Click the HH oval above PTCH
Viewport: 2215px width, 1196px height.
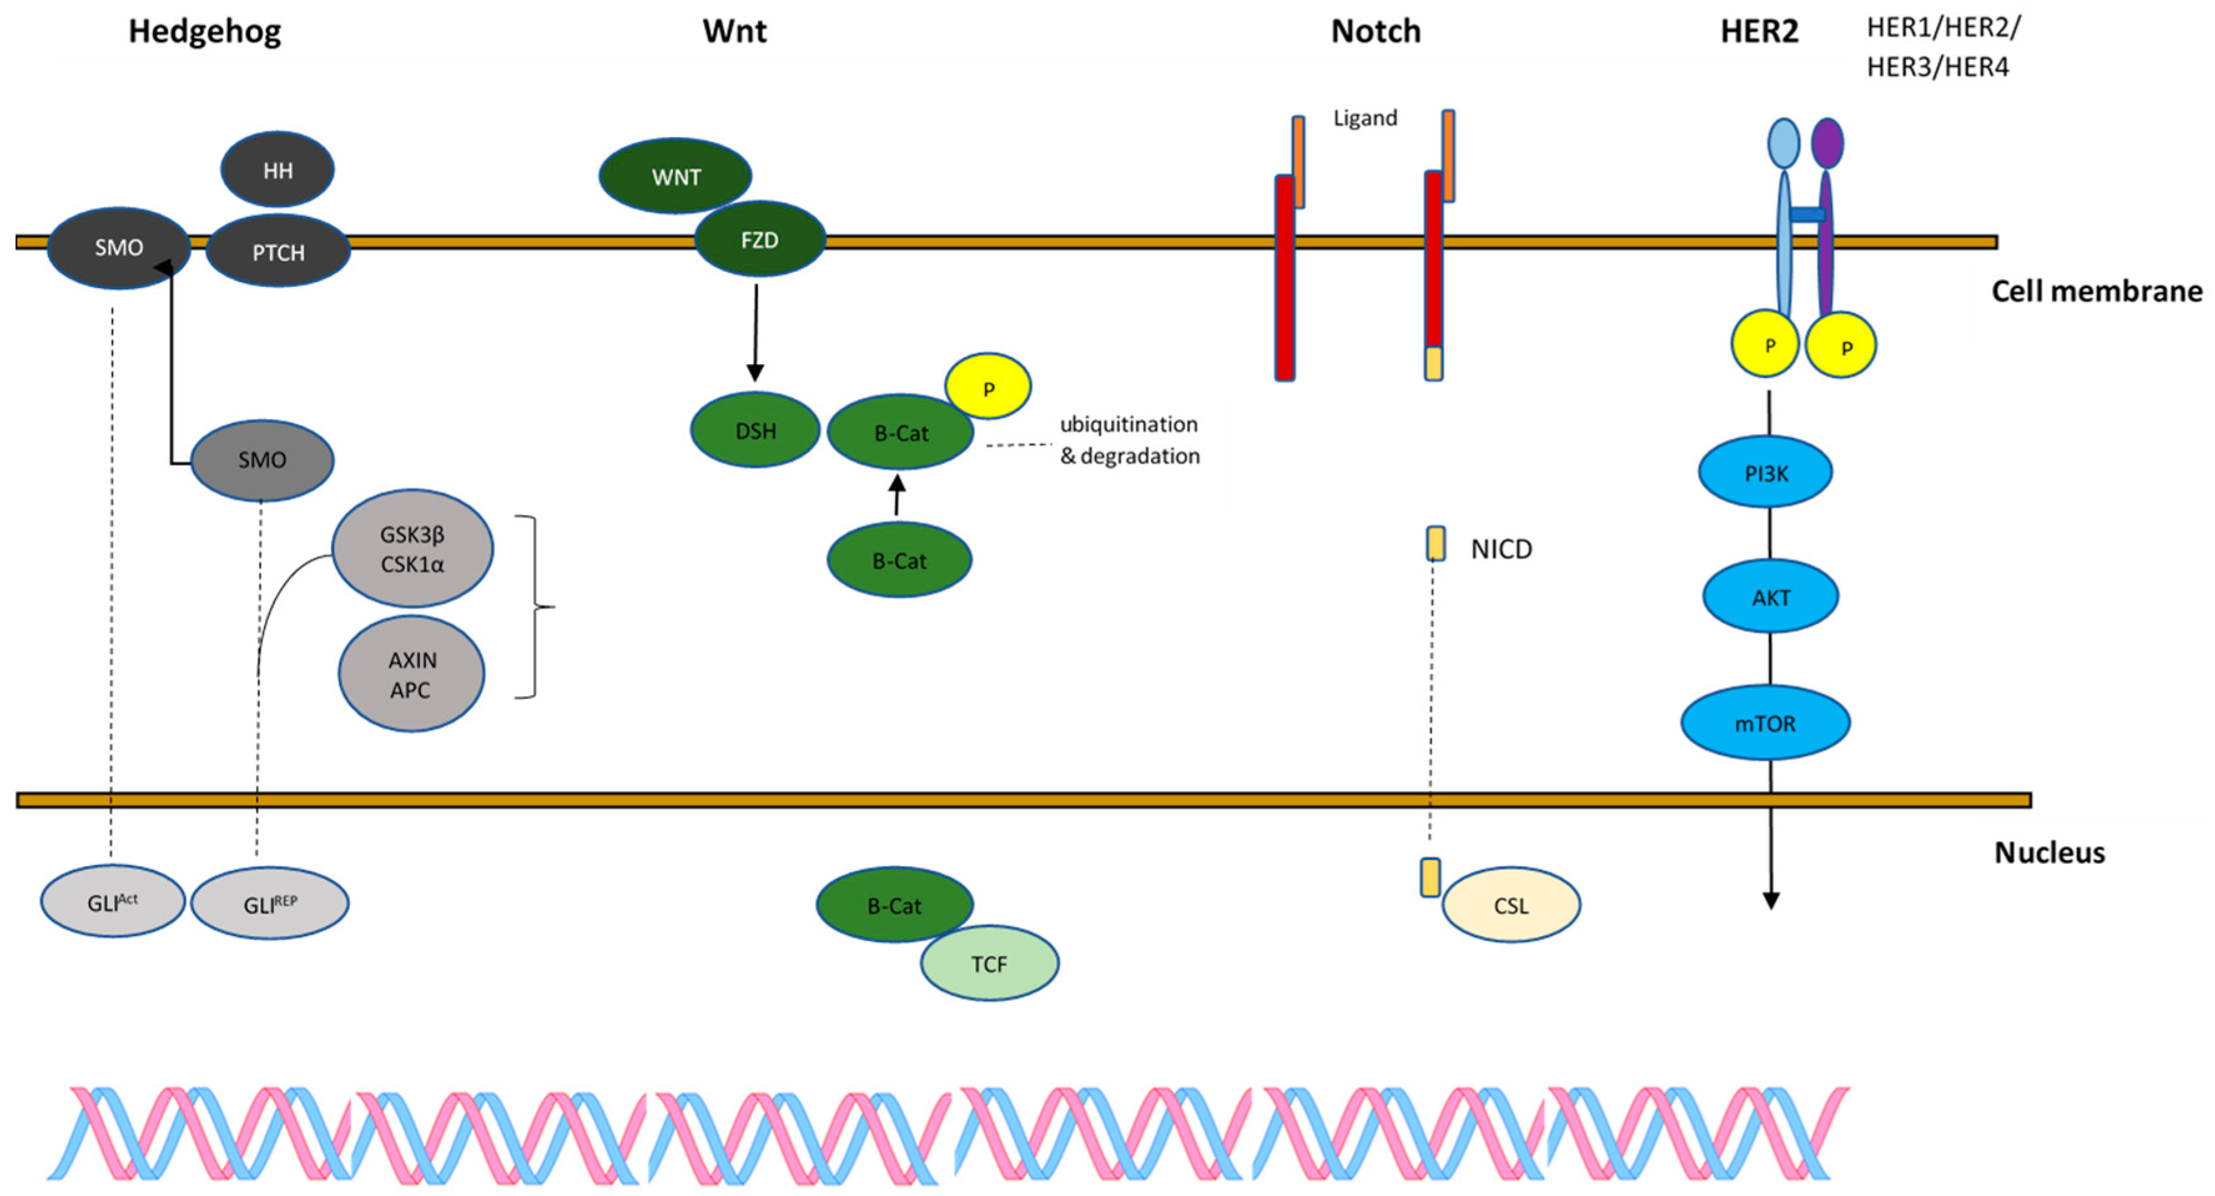tap(278, 170)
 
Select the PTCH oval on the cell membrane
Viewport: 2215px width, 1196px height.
tap(278, 251)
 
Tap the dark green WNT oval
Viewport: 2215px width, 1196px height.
tap(676, 176)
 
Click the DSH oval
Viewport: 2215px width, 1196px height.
tap(755, 430)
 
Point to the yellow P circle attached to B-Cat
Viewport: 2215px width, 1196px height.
tap(988, 386)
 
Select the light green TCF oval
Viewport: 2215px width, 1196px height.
tap(990, 963)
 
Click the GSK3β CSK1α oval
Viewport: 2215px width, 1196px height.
tap(413, 549)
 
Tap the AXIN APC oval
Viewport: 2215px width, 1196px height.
tap(411, 674)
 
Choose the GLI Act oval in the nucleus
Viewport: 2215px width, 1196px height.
tap(113, 902)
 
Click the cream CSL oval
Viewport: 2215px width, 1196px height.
tap(1511, 905)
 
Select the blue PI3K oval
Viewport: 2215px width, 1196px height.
tap(1765, 472)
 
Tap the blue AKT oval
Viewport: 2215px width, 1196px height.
tap(1770, 596)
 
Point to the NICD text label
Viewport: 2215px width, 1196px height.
tap(1501, 549)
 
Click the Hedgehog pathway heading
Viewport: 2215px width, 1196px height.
tap(205, 32)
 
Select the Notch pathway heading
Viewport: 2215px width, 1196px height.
tap(1376, 31)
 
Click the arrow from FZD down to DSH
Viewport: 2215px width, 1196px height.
tap(756, 333)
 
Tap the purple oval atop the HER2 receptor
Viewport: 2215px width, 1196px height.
tap(1827, 143)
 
